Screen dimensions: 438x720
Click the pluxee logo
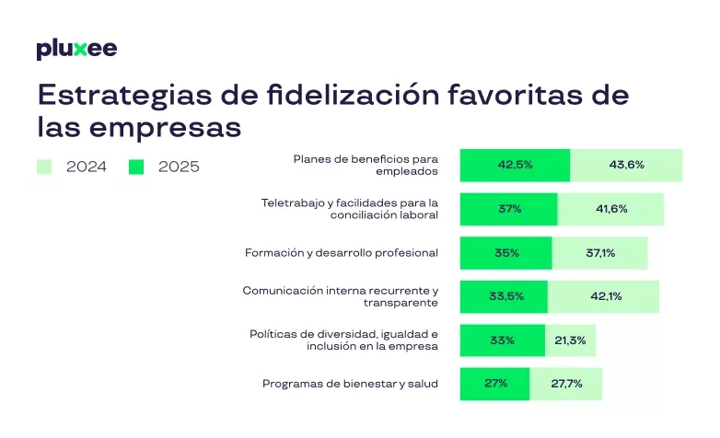pyautogui.click(x=76, y=49)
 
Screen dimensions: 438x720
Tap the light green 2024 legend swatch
pyautogui.click(x=44, y=167)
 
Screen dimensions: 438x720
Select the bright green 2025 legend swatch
pyautogui.click(x=136, y=167)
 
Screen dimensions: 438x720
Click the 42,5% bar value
pyautogui.click(x=515, y=166)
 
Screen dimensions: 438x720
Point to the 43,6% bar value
pyautogui.click(x=626, y=166)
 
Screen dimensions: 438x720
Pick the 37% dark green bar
pyautogui.click(x=509, y=209)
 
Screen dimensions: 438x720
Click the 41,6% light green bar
pyautogui.click(x=611, y=209)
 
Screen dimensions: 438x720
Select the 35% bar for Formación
pyautogui.click(x=506, y=252)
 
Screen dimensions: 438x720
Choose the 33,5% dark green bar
pyautogui.click(x=504, y=296)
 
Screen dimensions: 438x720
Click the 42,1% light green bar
pyautogui.click(x=604, y=296)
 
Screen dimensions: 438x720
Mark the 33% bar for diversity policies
pyautogui.click(x=503, y=340)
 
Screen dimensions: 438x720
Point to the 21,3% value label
pyautogui.click(x=571, y=340)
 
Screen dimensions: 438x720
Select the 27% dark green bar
pyautogui.click(x=495, y=384)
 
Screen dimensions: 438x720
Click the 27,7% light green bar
pyautogui.click(x=566, y=384)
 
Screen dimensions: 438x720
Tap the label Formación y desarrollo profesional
pyautogui.click(x=341, y=252)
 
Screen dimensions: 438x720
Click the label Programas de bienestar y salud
pyautogui.click(x=350, y=384)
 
